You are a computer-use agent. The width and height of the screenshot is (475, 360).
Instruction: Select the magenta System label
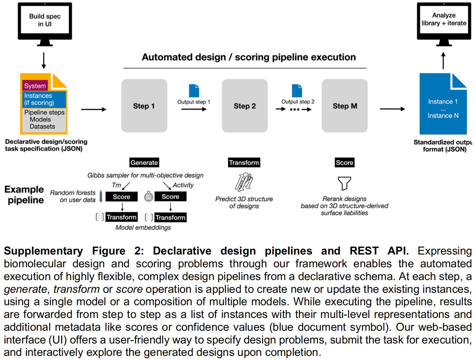[x=35, y=86]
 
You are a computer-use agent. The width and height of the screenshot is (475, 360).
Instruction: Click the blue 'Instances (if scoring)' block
[x=44, y=99]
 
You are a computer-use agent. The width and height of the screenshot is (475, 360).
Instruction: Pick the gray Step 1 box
[x=144, y=105]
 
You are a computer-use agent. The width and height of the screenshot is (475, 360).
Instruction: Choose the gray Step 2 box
[x=245, y=105]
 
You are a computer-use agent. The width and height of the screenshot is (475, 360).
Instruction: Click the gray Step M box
[x=345, y=105]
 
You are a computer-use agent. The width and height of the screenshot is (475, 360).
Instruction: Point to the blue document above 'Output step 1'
[x=194, y=90]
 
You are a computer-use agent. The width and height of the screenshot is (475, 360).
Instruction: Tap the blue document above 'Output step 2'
[x=297, y=90]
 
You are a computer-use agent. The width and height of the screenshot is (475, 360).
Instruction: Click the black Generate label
[x=144, y=163]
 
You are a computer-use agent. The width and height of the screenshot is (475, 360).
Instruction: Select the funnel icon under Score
[x=344, y=184]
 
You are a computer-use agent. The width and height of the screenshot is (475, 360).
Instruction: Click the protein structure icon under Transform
[x=244, y=182]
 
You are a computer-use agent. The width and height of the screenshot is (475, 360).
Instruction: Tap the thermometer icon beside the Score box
[x=101, y=196]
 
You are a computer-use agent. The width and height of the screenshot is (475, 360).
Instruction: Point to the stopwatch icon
[x=149, y=196]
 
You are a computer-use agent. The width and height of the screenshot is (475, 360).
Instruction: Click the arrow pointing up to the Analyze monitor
[x=443, y=60]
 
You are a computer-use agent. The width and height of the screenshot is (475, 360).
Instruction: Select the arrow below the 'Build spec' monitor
[x=44, y=60]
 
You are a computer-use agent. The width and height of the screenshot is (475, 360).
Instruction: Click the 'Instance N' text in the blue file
[x=443, y=116]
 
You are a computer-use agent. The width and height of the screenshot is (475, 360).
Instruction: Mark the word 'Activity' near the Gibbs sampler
[x=183, y=185]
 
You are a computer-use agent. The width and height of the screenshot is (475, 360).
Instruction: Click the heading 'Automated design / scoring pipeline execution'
[x=249, y=57]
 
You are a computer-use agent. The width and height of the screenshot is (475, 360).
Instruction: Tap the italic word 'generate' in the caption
[x=26, y=289]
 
